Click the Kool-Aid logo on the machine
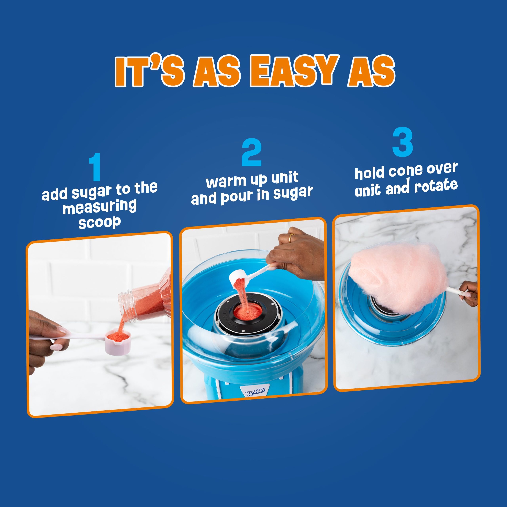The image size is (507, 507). tap(255, 393)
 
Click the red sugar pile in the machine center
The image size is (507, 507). tap(248, 312)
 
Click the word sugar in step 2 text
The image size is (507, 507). tap(293, 193)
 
